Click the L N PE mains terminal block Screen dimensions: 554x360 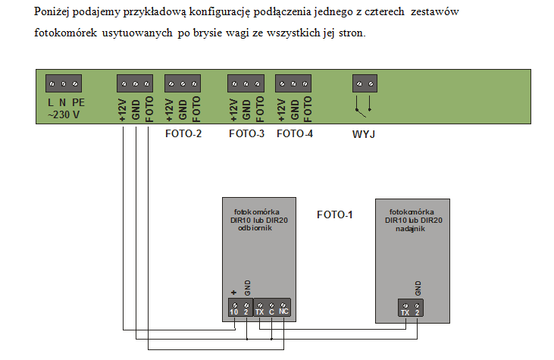(x=64, y=83)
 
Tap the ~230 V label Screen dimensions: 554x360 (x=64, y=114)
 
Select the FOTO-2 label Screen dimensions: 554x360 (x=183, y=133)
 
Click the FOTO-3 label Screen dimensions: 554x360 (x=246, y=133)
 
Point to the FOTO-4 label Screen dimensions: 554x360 (x=295, y=133)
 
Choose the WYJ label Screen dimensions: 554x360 (x=364, y=134)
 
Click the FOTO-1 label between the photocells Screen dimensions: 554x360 (x=334, y=214)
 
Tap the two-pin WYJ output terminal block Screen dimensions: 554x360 (x=365, y=83)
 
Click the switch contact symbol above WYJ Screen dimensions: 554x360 (x=364, y=105)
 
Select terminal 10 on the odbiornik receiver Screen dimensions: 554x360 (x=235, y=308)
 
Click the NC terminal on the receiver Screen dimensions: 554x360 (x=283, y=308)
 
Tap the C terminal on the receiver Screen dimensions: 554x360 (x=271, y=308)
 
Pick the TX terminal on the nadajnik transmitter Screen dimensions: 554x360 (x=405, y=308)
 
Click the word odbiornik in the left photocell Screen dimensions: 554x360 (x=255, y=228)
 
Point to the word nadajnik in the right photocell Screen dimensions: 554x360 (x=410, y=229)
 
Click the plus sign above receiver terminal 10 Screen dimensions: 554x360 (x=233, y=293)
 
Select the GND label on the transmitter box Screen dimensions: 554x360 (x=418, y=288)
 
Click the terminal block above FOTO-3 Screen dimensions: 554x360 (x=246, y=83)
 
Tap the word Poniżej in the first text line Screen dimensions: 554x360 (x=52, y=12)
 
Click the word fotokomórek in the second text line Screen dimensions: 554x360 (x=65, y=33)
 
